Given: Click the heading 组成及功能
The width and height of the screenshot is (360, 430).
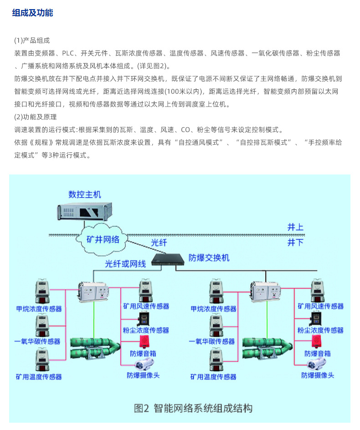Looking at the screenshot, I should pos(32,13).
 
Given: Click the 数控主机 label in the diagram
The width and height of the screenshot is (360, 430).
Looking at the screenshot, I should pos(85,194).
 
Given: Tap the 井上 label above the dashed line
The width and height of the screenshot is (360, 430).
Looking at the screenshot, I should pos(295,227).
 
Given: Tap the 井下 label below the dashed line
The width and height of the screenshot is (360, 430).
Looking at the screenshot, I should pos(295,242).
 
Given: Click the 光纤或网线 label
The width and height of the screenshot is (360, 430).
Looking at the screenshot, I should pos(125,264).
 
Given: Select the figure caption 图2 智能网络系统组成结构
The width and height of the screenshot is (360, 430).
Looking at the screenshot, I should pos(193,408).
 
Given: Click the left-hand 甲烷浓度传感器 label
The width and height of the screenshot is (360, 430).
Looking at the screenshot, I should pos(39,309).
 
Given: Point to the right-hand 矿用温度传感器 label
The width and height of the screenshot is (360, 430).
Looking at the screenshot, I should pos(213,377).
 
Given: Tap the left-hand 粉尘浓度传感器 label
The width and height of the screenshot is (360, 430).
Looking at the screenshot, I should pos(146,330).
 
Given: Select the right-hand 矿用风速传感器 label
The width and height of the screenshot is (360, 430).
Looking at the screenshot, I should pos(320,307).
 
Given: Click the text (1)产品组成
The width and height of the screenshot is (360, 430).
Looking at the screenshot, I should pos(32,40).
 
